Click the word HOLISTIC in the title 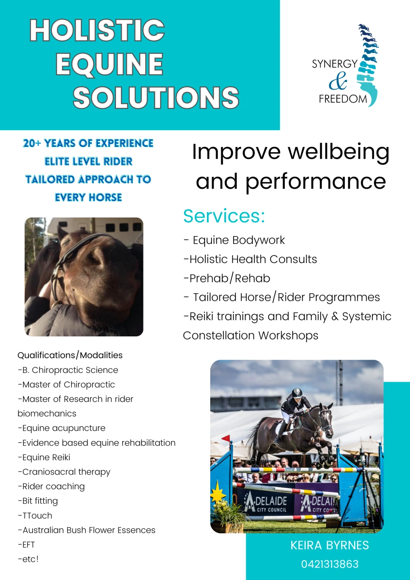tap(97, 31)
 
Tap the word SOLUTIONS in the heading tap(156, 97)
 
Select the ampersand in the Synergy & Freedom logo tap(338, 81)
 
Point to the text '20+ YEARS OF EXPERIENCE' tap(88, 143)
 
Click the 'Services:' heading tap(224, 216)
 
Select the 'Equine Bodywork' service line tap(238, 240)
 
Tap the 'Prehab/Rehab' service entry tap(227, 278)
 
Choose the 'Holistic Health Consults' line tap(250, 259)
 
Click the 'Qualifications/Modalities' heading tap(70, 355)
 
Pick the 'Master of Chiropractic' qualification tap(66, 385)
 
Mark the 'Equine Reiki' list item tap(44, 458)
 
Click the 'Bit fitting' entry tap(38, 501)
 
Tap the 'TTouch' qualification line tap(35, 516)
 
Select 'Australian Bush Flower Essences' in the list tap(87, 530)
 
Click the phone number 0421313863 tap(329, 564)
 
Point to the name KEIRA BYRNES tap(329, 545)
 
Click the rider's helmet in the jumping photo tap(297, 392)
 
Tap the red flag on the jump tap(227, 438)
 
